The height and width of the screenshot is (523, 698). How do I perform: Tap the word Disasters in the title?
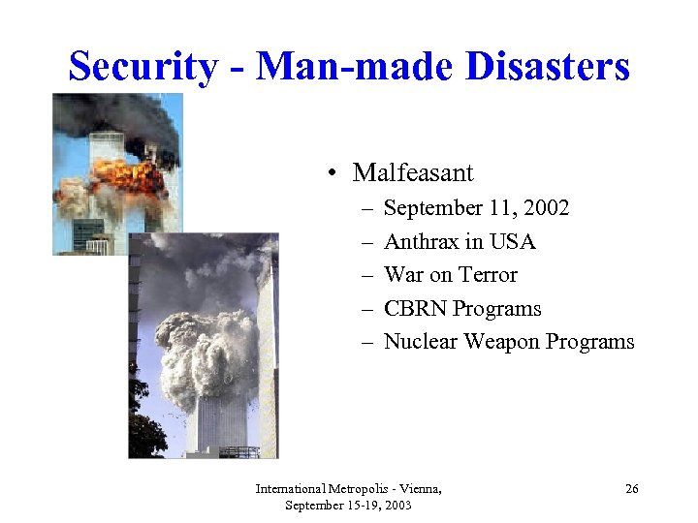point(548,66)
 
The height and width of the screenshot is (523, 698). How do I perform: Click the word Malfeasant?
point(413,172)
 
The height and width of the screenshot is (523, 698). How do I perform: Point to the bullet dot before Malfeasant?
point(332,174)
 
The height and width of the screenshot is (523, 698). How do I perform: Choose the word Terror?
point(487,275)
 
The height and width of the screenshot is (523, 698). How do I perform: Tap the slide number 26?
point(631,490)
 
